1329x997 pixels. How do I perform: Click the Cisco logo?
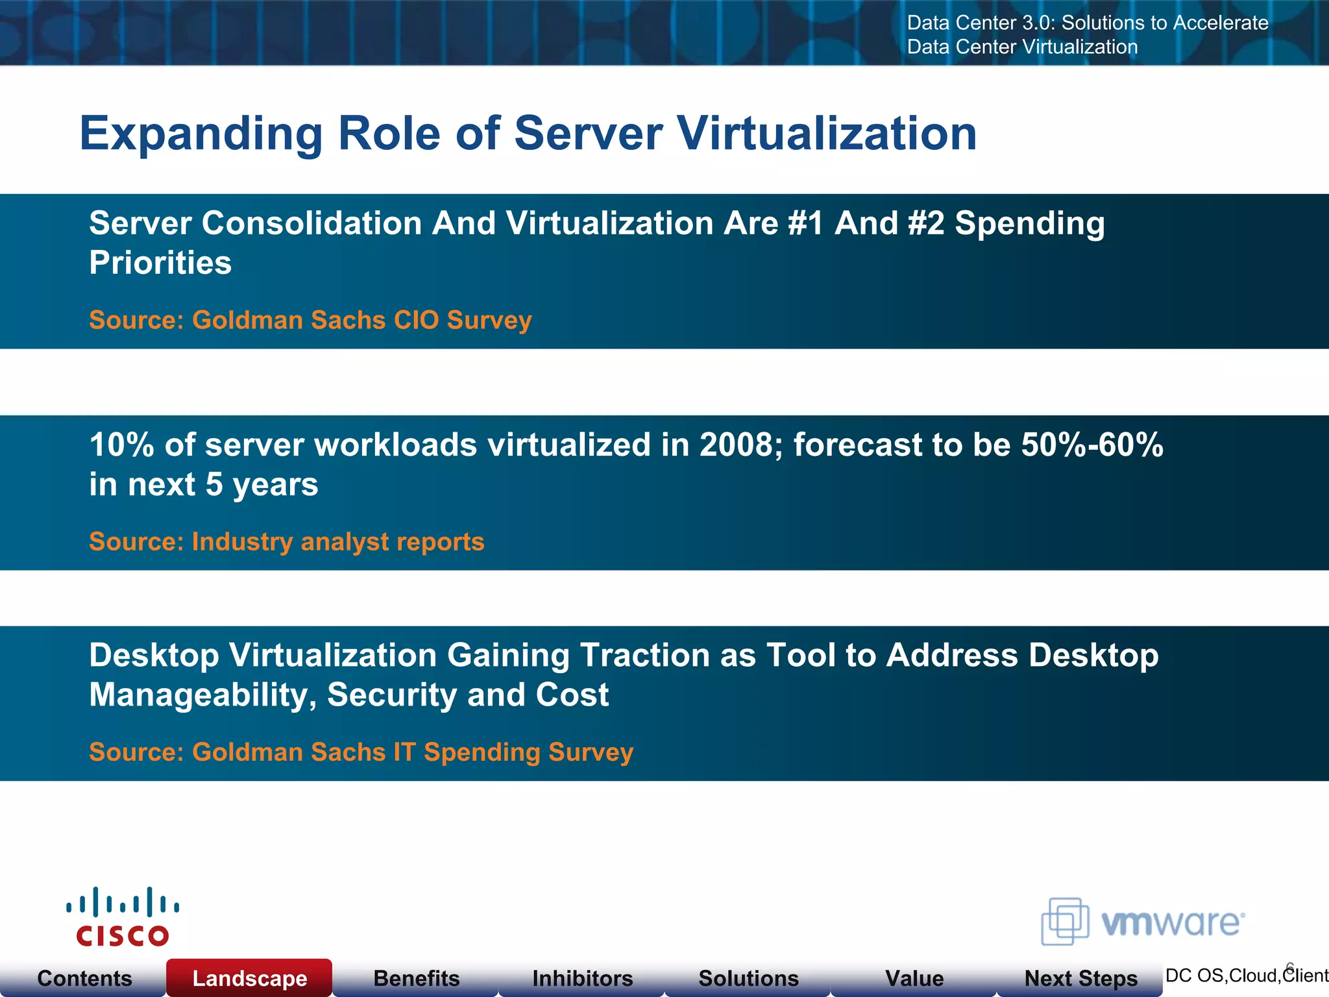(x=123, y=917)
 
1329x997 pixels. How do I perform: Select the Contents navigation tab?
(x=84, y=978)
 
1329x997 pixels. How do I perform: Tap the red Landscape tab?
(x=250, y=978)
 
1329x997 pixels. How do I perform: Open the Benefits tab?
(x=417, y=978)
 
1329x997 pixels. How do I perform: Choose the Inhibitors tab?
(x=582, y=978)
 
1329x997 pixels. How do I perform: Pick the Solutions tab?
(x=748, y=978)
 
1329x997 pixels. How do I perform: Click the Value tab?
(x=914, y=978)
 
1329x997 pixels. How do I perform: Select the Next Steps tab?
(x=1080, y=978)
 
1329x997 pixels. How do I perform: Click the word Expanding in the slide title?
(x=201, y=134)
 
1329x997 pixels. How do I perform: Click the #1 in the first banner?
(x=805, y=223)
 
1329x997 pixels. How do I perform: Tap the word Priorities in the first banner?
(x=160, y=263)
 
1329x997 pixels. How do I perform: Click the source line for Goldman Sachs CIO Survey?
(x=310, y=320)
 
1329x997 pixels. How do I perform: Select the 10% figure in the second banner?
(x=121, y=445)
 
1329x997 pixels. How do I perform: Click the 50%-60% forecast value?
(x=1092, y=445)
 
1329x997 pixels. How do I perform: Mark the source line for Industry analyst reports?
(x=287, y=542)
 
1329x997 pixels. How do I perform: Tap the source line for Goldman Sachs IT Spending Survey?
(x=361, y=752)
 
